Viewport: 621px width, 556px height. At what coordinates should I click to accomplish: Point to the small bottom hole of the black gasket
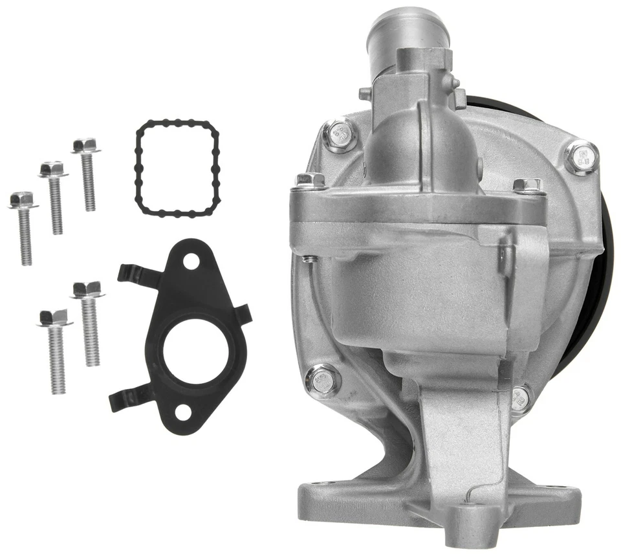click(x=184, y=410)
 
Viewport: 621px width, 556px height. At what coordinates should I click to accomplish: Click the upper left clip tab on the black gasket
click(x=136, y=274)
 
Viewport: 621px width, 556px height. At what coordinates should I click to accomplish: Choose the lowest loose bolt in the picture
click(x=56, y=353)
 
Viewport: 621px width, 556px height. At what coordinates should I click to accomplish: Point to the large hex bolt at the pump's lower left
click(x=322, y=379)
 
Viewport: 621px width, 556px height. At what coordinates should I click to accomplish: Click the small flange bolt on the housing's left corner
click(x=309, y=181)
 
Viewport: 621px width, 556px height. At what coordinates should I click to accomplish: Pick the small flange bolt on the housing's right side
click(x=527, y=186)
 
